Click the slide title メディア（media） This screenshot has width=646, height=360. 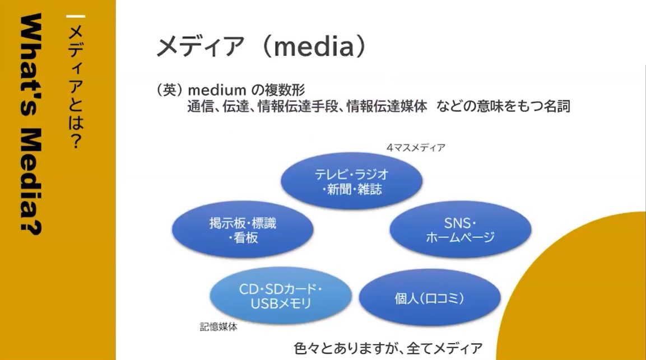click(261, 46)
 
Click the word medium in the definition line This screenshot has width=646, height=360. click(217, 90)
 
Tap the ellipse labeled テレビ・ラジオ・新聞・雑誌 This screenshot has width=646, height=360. click(352, 181)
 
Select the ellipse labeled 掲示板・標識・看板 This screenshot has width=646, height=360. click(243, 230)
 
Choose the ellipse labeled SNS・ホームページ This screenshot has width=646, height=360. click(460, 230)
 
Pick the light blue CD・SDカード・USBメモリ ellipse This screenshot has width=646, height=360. click(281, 296)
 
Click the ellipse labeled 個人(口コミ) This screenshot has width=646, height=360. click(430, 297)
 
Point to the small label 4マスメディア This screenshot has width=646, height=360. click(416, 147)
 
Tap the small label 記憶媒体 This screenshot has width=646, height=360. click(219, 327)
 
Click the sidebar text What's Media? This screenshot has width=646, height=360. click(31, 124)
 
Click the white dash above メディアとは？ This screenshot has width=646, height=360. click(76, 16)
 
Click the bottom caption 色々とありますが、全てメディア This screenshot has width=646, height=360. click(388, 348)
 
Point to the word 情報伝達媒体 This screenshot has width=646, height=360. click(387, 106)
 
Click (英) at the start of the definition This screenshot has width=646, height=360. click(169, 90)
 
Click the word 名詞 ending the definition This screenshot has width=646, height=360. click(557, 106)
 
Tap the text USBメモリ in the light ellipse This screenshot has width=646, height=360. click(281, 303)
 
